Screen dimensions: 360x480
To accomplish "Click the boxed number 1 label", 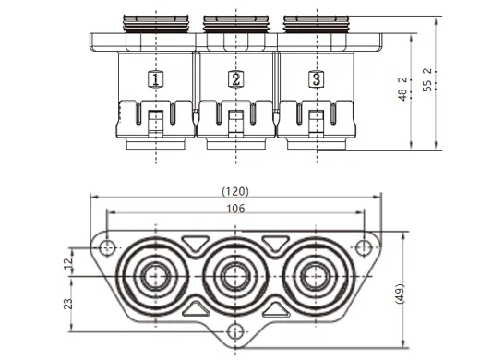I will [x=156, y=79].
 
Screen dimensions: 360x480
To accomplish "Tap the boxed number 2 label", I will [x=236, y=79].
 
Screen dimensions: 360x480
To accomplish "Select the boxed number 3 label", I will [x=317, y=79].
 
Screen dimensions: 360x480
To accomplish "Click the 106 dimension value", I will [x=235, y=209].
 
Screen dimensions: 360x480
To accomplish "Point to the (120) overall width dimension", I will [x=235, y=191].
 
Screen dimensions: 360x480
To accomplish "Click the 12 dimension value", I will [x=66, y=263].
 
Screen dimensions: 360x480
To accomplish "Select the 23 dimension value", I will [x=66, y=304].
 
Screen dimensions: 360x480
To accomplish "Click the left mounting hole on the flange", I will [x=109, y=247].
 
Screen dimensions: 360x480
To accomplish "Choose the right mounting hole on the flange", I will [x=364, y=247].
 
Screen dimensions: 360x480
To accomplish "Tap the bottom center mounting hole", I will [x=236, y=331].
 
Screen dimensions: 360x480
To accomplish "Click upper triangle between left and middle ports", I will [x=196, y=244].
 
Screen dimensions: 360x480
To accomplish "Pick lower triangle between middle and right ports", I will [x=276, y=308].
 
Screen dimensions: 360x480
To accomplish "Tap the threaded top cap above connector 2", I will [x=236, y=21].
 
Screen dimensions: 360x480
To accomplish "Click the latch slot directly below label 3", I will [x=317, y=119].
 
